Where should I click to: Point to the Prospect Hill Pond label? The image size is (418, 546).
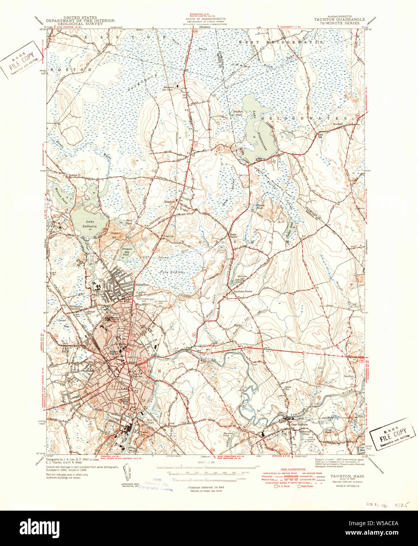[128, 251]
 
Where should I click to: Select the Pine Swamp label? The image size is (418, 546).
[171, 271]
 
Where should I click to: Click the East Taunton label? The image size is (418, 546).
[299, 424]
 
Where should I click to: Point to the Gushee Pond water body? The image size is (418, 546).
[290, 229]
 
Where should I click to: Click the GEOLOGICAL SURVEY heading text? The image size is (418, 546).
[80, 24]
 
